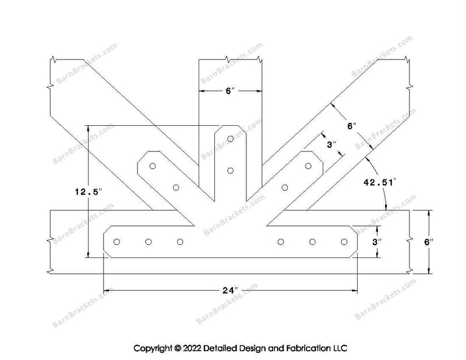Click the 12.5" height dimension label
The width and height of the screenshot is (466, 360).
pyautogui.click(x=89, y=192)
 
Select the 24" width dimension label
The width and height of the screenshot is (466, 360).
pyautogui.click(x=230, y=290)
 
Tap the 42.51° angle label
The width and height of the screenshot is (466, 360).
pyautogui.click(x=380, y=182)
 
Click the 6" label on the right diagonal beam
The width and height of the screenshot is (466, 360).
pyautogui.click(x=352, y=126)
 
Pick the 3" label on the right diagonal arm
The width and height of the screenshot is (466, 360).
pyautogui.click(x=331, y=144)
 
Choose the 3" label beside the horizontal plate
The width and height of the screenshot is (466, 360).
pyautogui.click(x=376, y=242)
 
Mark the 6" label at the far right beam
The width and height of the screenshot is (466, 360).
pyautogui.click(x=429, y=242)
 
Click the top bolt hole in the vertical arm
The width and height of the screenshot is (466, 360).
pyautogui.click(x=230, y=139)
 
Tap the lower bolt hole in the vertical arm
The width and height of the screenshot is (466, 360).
pyautogui.click(x=230, y=170)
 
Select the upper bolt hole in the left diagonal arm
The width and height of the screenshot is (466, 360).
pyautogui.click(x=153, y=166)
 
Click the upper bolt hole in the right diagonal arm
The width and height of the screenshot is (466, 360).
pyautogui.click(x=308, y=166)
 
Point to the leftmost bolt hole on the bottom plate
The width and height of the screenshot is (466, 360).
pyautogui.click(x=117, y=242)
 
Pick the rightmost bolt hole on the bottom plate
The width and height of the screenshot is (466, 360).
pyautogui.click(x=344, y=242)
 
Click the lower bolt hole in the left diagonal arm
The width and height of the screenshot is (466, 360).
pyautogui.click(x=176, y=188)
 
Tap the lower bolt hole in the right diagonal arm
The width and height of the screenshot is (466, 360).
pyautogui.click(x=285, y=188)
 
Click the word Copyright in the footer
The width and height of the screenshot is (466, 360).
pyautogui.click(x=153, y=348)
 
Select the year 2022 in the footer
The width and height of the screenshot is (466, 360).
pyautogui.click(x=192, y=348)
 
